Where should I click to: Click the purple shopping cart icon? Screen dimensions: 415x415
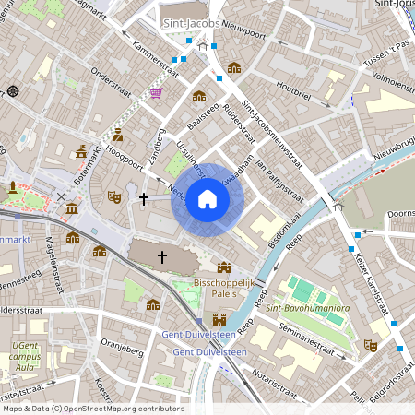[x=156, y=93]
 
